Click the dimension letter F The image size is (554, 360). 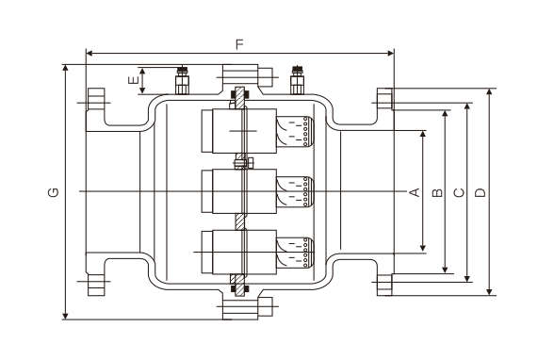tap(239, 44)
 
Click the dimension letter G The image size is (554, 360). tap(53, 192)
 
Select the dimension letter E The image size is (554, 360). tap(133, 80)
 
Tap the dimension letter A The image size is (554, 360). tap(415, 192)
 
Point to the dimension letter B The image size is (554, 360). tap(437, 192)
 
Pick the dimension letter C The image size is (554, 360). tap(459, 192)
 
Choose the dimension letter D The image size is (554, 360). tap(481, 192)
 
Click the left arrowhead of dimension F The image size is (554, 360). tap(90, 54)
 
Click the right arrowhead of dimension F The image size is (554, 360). tap(391, 54)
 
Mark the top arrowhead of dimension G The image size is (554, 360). tap(65, 68)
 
